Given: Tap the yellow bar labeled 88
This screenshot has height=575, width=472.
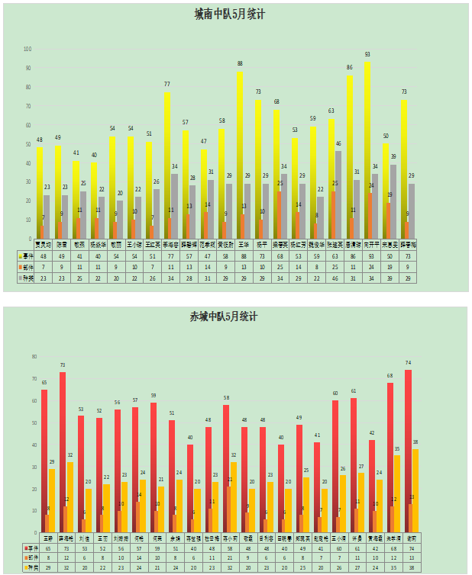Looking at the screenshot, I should point(239,153).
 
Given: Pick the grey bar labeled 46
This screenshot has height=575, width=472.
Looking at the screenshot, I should point(338,194).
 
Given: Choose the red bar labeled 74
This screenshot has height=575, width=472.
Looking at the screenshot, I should point(409,450).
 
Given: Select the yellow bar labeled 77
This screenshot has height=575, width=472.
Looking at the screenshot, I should point(166,168).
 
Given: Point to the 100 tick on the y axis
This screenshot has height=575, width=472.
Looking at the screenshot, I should point(27,49).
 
